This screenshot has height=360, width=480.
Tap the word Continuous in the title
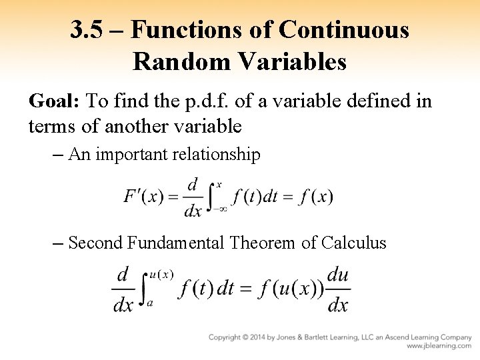click(x=344, y=30)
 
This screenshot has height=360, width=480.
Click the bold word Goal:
click(x=55, y=101)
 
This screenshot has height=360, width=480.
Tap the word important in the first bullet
click(x=133, y=155)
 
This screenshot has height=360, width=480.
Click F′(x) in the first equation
click(x=143, y=197)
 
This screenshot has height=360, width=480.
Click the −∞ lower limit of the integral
click(x=220, y=209)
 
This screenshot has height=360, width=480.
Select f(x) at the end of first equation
click(x=316, y=197)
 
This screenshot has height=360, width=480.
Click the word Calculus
click(x=353, y=243)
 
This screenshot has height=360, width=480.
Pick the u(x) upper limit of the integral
click(x=161, y=274)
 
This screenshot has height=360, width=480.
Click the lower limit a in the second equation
click(x=150, y=302)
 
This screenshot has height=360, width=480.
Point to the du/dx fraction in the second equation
click(x=338, y=290)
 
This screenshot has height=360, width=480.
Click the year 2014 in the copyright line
click(x=265, y=337)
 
